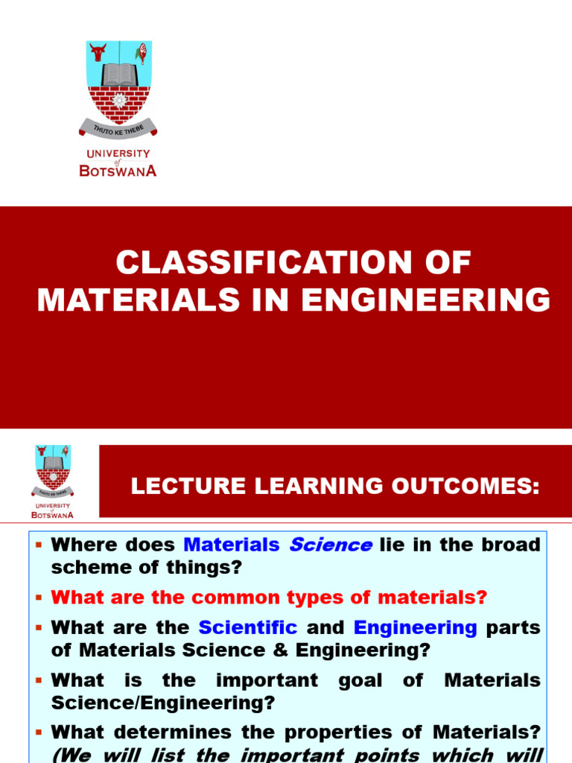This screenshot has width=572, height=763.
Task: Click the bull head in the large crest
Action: (x=98, y=52)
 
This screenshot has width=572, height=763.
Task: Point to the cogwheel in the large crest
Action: (x=118, y=101)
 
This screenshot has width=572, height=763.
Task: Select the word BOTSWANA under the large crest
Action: (x=118, y=170)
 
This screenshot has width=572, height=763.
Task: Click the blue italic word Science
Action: (x=330, y=545)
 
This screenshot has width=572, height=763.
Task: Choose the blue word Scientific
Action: (x=247, y=627)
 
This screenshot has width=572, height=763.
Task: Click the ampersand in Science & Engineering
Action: (x=279, y=650)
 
